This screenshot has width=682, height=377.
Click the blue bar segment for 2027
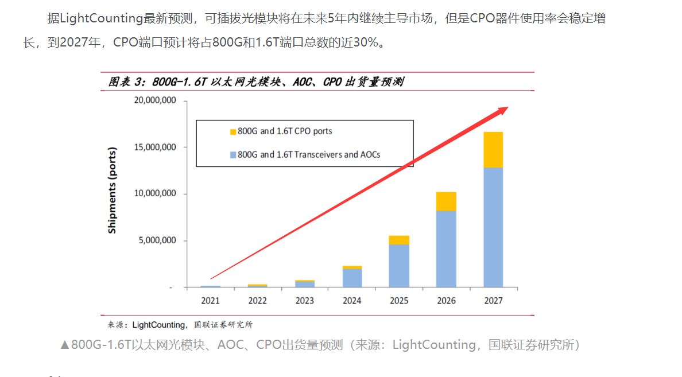[493, 227]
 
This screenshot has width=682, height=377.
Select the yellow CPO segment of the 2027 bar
[493, 150]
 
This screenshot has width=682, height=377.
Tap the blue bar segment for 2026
[446, 248]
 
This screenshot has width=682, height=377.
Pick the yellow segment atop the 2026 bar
[446, 201]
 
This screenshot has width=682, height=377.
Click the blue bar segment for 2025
[399, 265]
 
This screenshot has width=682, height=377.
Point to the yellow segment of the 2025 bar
[399, 240]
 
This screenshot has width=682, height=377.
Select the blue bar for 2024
[352, 278]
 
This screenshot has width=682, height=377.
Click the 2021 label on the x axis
[211, 301]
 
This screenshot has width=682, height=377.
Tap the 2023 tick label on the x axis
[305, 301]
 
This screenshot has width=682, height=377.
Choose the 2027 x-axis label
[493, 301]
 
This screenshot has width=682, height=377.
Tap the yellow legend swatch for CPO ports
[232, 131]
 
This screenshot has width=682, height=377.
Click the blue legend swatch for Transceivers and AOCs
[232, 154]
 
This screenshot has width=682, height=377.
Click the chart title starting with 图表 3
[255, 82]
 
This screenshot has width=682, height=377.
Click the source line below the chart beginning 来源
[180, 324]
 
